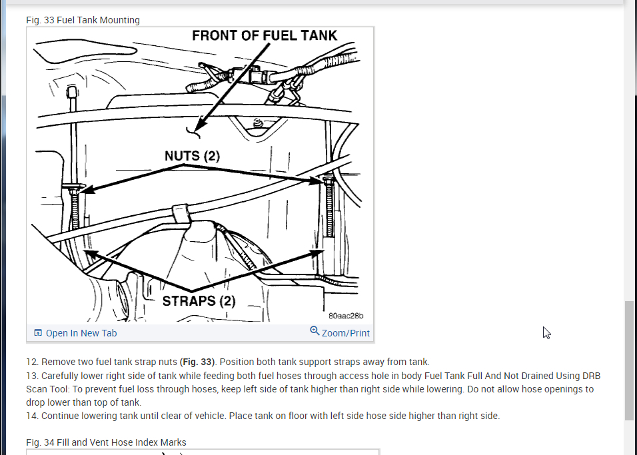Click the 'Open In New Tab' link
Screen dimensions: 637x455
click(81, 333)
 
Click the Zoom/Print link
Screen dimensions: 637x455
click(345, 333)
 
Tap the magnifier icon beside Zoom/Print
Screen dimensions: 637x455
click(315, 331)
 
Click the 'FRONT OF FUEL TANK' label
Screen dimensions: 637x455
click(265, 36)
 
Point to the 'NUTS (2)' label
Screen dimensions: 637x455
click(192, 156)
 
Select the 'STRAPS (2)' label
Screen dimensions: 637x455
click(199, 301)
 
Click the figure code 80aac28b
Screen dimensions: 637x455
click(346, 316)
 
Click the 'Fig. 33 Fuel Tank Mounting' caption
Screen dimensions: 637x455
click(83, 20)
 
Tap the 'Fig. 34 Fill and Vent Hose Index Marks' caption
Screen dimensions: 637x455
click(106, 442)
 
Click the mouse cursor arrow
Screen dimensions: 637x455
click(546, 332)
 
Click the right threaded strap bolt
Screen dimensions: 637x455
click(329, 207)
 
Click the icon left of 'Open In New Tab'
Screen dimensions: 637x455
click(38, 332)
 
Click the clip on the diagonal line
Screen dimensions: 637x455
click(181, 213)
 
